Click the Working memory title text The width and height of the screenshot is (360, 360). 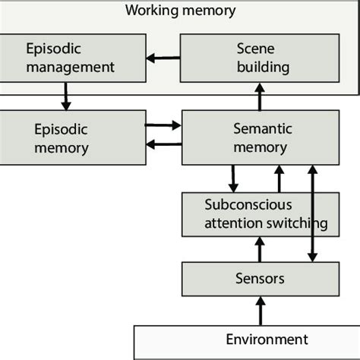tap(180, 11)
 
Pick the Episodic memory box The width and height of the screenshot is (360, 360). tap(71, 137)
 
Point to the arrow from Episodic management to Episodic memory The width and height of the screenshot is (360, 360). tap(65, 96)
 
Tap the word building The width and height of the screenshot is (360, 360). tap(262, 67)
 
